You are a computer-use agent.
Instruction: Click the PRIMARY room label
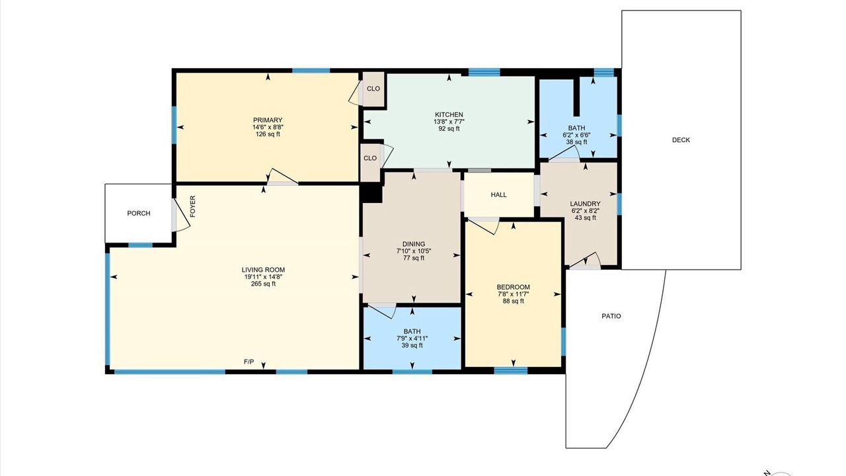pyautogui.click(x=268, y=120)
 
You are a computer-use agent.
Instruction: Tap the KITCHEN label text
pyautogui.click(x=449, y=114)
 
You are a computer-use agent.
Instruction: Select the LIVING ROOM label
pyautogui.click(x=263, y=270)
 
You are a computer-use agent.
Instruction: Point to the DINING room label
pyautogui.click(x=414, y=244)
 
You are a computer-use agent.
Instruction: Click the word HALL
pyautogui.click(x=498, y=195)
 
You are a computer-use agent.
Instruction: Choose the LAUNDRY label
pyautogui.click(x=585, y=204)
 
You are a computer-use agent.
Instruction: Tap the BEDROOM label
pyautogui.click(x=513, y=287)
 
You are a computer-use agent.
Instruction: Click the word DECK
pyautogui.click(x=681, y=140)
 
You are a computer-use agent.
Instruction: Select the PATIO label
pyautogui.click(x=611, y=316)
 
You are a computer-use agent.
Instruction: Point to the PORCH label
pyautogui.click(x=139, y=214)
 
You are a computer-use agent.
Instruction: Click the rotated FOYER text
pyautogui.click(x=192, y=206)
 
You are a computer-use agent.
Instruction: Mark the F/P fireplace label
pyautogui.click(x=249, y=362)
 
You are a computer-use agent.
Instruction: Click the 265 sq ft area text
pyautogui.click(x=263, y=284)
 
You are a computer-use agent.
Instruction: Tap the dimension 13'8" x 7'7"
pyautogui.click(x=449, y=122)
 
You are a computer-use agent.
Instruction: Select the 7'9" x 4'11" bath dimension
pyautogui.click(x=412, y=338)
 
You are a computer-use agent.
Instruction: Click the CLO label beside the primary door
pyautogui.click(x=373, y=89)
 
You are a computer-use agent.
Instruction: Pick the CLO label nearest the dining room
pyautogui.click(x=370, y=158)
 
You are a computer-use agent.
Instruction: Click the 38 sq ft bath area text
pyautogui.click(x=576, y=142)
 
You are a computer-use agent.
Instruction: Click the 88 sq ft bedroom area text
pyautogui.click(x=513, y=301)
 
